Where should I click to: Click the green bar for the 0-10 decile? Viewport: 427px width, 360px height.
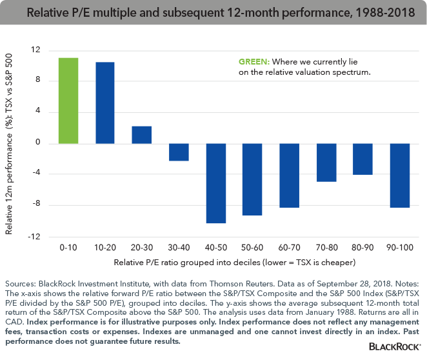point(68,101)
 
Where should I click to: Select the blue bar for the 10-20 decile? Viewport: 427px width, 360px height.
point(105,103)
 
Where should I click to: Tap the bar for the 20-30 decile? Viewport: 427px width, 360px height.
point(142,135)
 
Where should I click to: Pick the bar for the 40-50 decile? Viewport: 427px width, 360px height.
point(216,183)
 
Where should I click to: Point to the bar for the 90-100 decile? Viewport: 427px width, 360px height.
point(401,175)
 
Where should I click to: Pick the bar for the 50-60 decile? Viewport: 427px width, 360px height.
point(253,179)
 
